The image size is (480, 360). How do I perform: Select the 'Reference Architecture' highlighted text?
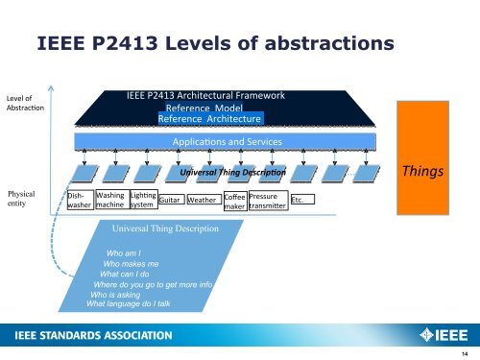(x=210, y=119)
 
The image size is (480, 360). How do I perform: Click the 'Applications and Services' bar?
(x=228, y=142)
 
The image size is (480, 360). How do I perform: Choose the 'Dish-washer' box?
(x=80, y=200)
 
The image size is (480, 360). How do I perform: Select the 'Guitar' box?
(x=170, y=201)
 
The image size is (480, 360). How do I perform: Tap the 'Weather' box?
(x=202, y=201)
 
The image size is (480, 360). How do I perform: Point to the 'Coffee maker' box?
(x=235, y=202)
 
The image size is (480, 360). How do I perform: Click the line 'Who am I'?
(x=124, y=252)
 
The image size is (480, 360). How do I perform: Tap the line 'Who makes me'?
(x=137, y=263)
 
